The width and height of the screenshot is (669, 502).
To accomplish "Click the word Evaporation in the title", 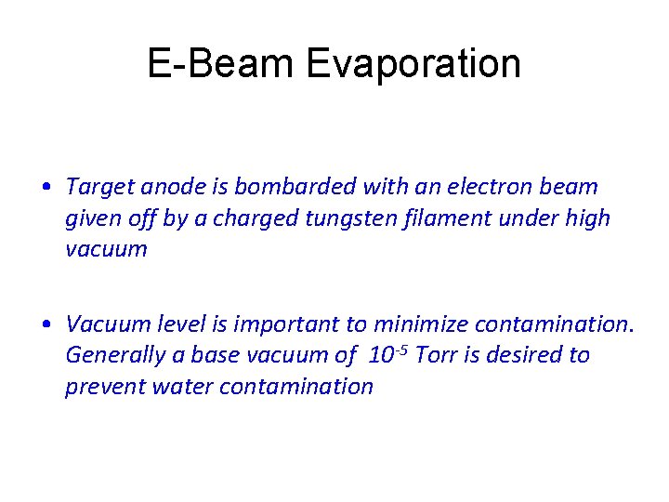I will point(413,64).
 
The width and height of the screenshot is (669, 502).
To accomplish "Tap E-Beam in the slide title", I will point(220,64).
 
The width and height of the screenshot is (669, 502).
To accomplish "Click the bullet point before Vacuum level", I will point(46,324).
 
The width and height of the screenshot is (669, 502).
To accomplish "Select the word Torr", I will point(438,355).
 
